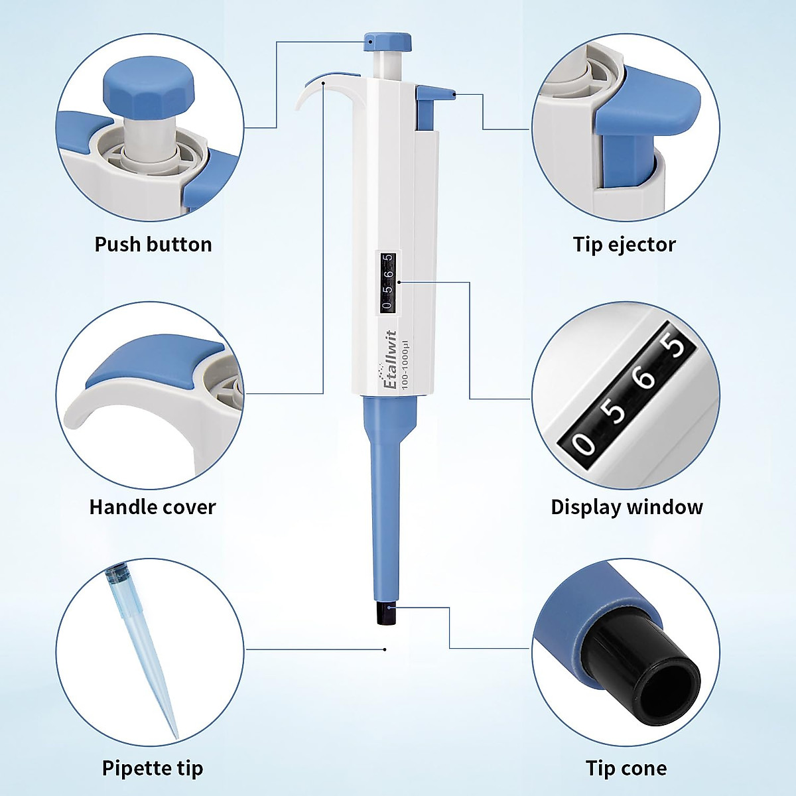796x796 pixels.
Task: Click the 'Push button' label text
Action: click(x=153, y=244)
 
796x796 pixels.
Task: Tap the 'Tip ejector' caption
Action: click(x=624, y=244)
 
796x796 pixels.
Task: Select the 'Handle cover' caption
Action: click(x=153, y=507)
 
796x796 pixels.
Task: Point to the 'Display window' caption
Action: click(x=626, y=507)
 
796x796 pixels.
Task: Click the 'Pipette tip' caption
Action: click(x=153, y=768)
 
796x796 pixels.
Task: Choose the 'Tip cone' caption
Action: click(x=626, y=768)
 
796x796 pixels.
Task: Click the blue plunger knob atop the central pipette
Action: click(x=387, y=42)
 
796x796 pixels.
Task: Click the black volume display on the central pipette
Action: click(x=388, y=282)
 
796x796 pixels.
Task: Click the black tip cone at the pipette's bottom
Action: click(x=385, y=614)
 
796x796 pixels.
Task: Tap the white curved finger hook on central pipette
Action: click(x=312, y=93)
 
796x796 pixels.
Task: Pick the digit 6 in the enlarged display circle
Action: click(x=645, y=379)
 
